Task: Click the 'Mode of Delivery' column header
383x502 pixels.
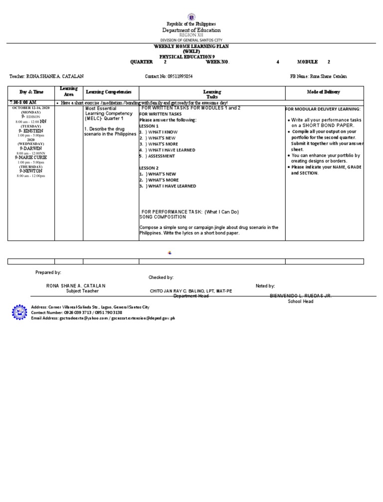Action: point(324,92)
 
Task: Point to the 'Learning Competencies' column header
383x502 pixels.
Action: point(109,92)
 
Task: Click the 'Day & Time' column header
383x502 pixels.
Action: point(31,92)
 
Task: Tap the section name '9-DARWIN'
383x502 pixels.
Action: point(31,148)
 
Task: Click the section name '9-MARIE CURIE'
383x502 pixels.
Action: point(31,158)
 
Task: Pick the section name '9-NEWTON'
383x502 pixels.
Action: point(31,171)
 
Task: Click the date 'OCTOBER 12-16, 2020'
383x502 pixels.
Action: point(31,108)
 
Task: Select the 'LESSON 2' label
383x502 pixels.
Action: point(149,168)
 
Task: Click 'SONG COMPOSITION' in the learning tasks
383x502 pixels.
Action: point(163,217)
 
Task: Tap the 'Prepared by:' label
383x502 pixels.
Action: point(48,272)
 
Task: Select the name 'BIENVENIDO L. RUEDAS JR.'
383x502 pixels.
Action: point(301,296)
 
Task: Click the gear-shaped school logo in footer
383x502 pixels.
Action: point(20,312)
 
